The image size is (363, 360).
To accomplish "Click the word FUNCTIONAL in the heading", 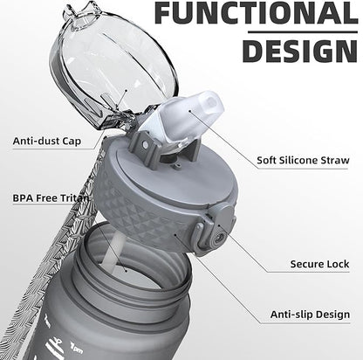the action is [257, 13].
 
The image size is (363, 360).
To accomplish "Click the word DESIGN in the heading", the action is [300, 51].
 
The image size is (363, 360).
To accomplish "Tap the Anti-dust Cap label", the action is [47, 142].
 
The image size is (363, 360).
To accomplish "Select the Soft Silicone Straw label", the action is [303, 160].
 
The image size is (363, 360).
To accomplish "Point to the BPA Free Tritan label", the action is [51, 198].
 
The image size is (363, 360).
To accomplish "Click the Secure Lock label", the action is [319, 264].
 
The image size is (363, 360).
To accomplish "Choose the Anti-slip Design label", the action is [310, 315].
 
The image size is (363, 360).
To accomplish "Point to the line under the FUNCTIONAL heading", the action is [303, 31].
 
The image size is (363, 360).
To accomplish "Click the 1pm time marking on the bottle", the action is [77, 347].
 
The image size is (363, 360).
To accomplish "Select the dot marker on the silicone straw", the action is [189, 110].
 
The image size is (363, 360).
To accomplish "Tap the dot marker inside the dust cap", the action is [127, 91].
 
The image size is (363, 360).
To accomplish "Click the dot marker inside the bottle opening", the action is [126, 270].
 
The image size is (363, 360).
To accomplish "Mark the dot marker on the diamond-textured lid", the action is [175, 234].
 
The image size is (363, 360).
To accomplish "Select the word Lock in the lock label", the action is [338, 264].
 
